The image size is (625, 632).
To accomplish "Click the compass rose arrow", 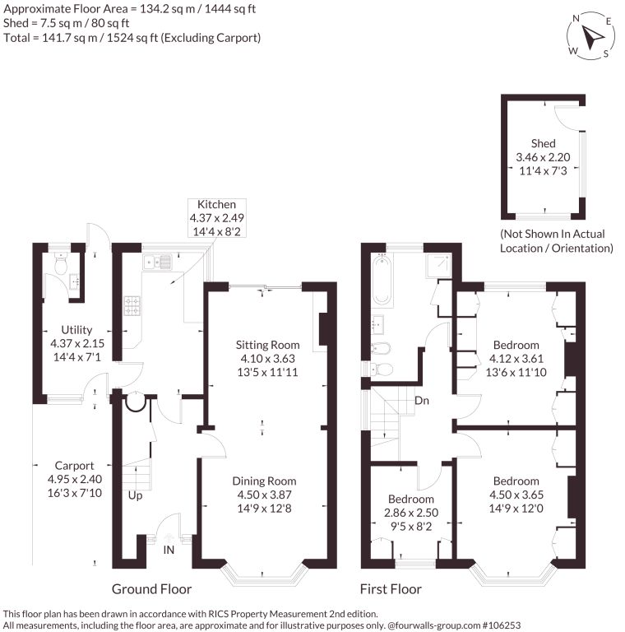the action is click(x=592, y=38).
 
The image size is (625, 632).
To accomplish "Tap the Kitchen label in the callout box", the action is click(x=216, y=204).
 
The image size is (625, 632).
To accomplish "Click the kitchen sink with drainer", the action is click(x=157, y=262).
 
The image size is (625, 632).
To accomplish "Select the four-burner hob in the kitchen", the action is click(x=132, y=305).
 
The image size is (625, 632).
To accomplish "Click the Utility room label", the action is click(x=76, y=330).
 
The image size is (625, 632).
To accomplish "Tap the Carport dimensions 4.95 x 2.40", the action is click(x=75, y=479).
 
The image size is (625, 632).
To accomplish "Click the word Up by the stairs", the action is click(x=136, y=495).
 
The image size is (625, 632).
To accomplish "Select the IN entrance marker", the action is click(x=169, y=550).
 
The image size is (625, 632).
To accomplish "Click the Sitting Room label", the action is click(x=268, y=345).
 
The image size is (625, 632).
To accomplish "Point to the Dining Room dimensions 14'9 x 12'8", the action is click(x=264, y=509).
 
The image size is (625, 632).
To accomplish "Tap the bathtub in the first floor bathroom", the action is click(x=382, y=280).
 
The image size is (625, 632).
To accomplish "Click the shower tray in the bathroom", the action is click(x=438, y=266).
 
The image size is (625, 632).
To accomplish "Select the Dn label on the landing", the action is click(x=422, y=401).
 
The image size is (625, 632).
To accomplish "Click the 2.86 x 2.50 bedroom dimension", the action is click(x=411, y=513).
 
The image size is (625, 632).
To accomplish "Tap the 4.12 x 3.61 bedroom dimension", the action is click(x=516, y=358).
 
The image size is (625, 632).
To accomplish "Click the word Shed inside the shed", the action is click(x=544, y=143).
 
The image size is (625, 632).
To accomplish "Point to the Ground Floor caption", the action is click(x=152, y=589).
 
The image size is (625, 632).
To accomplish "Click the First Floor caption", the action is click(x=391, y=589).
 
